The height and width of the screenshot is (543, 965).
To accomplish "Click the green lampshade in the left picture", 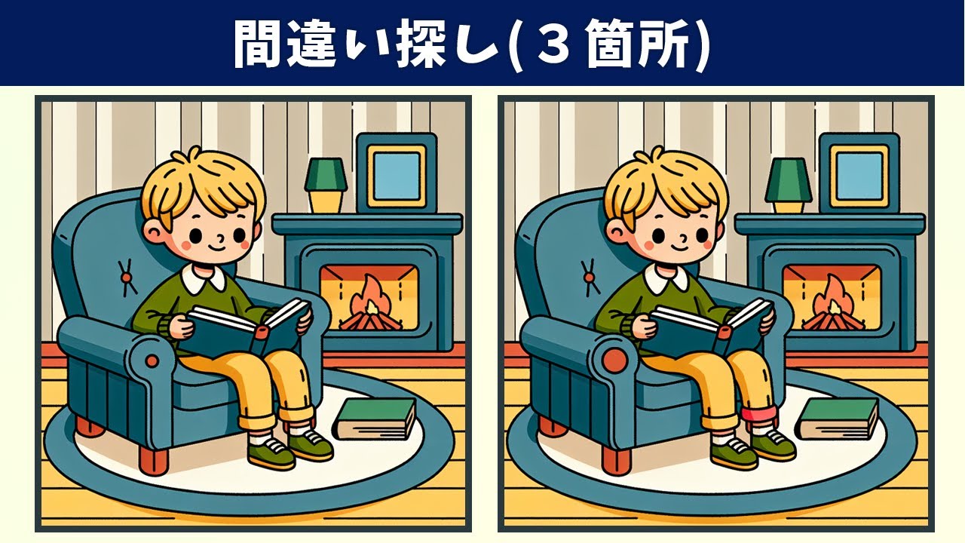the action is pos(326,174).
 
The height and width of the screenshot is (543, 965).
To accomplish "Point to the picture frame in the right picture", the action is pos(859,173).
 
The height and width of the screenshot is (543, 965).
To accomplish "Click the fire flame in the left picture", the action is pos(366,296).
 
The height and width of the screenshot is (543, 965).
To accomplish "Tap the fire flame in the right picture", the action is pos(829,296).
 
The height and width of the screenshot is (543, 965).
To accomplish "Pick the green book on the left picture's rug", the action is pos(375,419).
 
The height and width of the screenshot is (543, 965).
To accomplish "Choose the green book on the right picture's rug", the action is pos(838,419).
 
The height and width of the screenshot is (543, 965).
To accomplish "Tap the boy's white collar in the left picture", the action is pos(203,278).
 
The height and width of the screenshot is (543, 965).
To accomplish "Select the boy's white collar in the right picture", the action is pos(666,278).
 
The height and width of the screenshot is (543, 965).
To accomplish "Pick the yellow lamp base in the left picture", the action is pos(326,201).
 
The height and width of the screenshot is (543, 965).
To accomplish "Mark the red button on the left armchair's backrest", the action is pos(126,278).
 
